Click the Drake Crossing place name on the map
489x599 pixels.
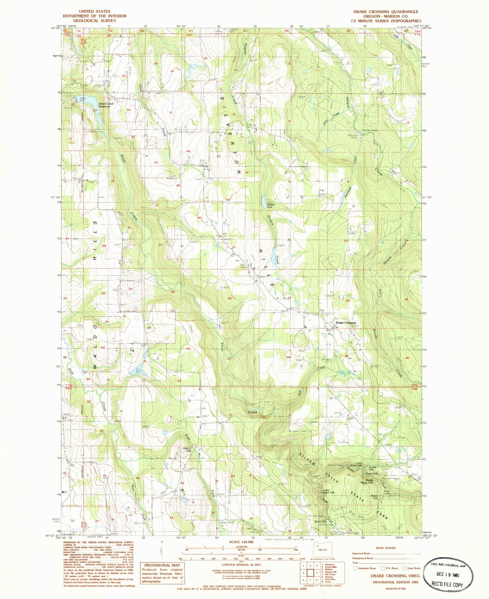(346, 323)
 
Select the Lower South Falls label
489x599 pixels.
(328, 492)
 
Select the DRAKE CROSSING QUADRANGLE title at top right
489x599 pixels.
(386, 12)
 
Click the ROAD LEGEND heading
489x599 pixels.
(385, 548)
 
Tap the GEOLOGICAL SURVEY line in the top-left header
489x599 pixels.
(94, 21)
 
